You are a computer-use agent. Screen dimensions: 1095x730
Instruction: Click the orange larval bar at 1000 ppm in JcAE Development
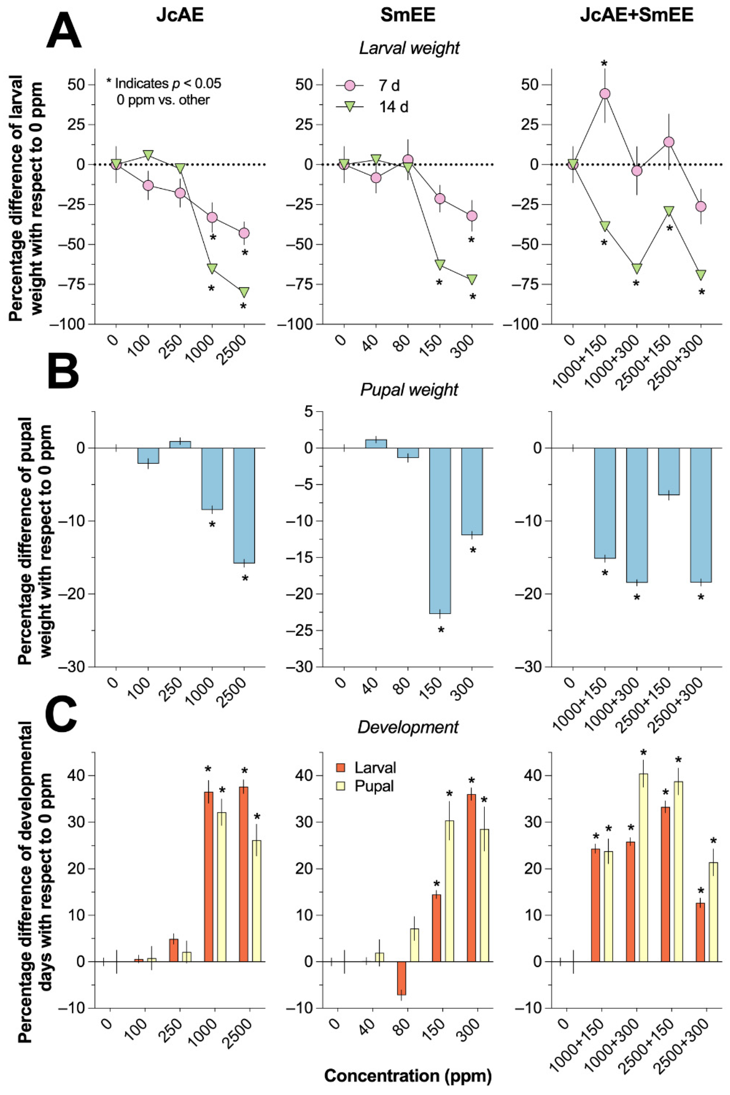point(208,877)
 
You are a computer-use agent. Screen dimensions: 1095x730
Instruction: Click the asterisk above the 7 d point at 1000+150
point(604,64)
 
